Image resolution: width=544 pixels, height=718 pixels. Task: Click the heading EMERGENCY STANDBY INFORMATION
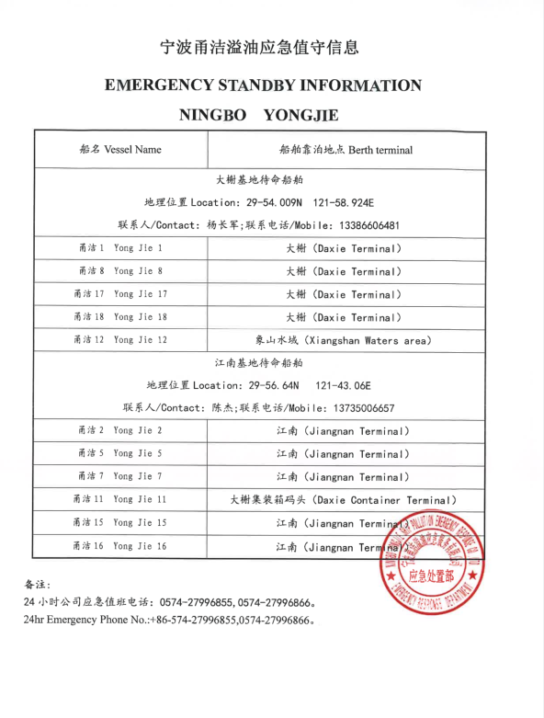264,85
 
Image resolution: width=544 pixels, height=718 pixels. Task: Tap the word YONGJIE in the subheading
300,117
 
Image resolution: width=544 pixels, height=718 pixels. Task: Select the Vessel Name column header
120,149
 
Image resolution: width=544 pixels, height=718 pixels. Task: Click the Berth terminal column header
346,150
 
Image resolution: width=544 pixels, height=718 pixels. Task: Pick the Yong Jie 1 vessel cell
120,248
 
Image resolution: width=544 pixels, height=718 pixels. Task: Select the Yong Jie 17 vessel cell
120,294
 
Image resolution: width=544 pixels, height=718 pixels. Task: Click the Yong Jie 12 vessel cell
120,340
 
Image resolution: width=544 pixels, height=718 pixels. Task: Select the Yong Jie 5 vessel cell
120,454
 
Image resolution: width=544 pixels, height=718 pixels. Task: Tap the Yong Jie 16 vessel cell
120,546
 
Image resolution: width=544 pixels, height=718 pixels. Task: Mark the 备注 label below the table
38,584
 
